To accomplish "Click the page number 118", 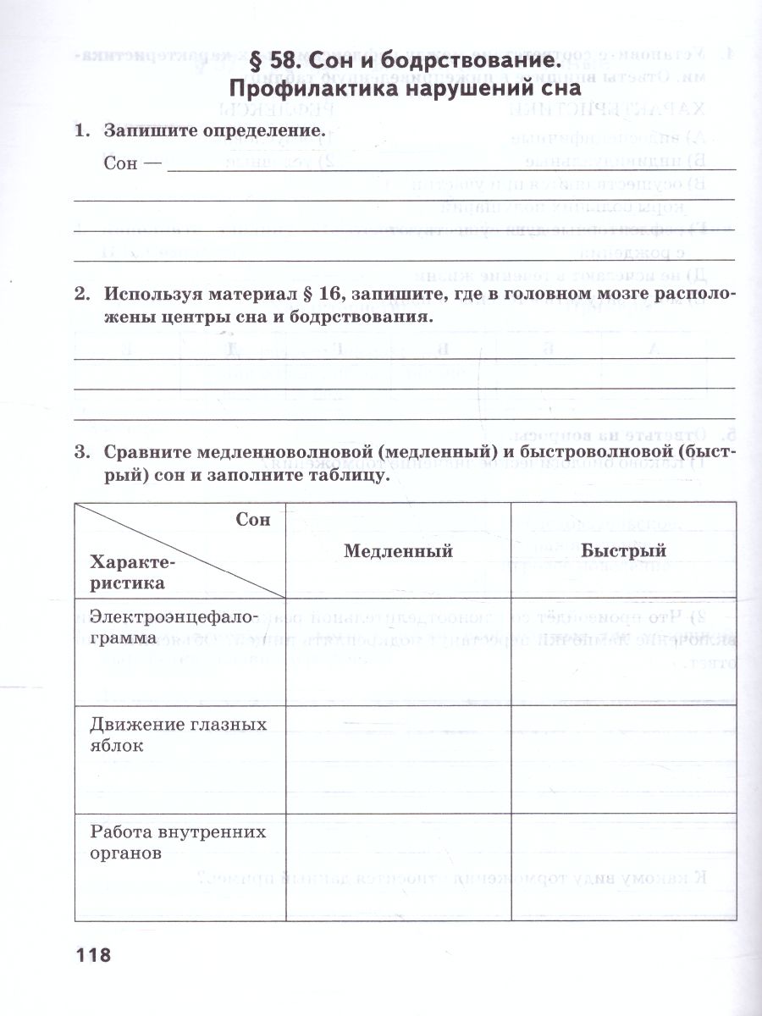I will click(93, 956).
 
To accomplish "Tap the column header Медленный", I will click(398, 551).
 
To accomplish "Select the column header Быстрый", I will click(623, 551).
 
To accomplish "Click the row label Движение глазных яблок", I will click(178, 735).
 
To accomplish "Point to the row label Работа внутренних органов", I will click(178, 842).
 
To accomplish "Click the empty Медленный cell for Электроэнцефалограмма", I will click(398, 652).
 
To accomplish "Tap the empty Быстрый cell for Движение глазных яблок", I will click(623, 759).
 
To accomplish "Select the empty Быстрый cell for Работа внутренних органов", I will click(623, 867).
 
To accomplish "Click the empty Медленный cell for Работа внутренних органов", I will click(398, 867).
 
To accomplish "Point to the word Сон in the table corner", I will click(253, 520).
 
